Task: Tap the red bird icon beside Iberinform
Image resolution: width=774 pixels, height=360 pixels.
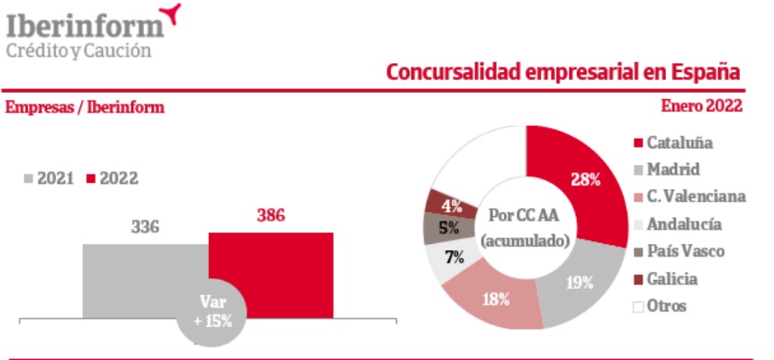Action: pyautogui.click(x=167, y=13)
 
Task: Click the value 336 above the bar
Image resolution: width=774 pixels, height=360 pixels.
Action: pyautogui.click(x=144, y=227)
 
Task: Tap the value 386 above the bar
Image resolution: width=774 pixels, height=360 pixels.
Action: pyautogui.click(x=270, y=216)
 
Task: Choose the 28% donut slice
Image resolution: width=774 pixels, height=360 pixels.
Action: pyautogui.click(x=586, y=179)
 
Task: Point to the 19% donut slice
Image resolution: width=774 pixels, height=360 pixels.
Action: pyautogui.click(x=580, y=283)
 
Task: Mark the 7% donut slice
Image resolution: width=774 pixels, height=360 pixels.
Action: pyautogui.click(x=451, y=259)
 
